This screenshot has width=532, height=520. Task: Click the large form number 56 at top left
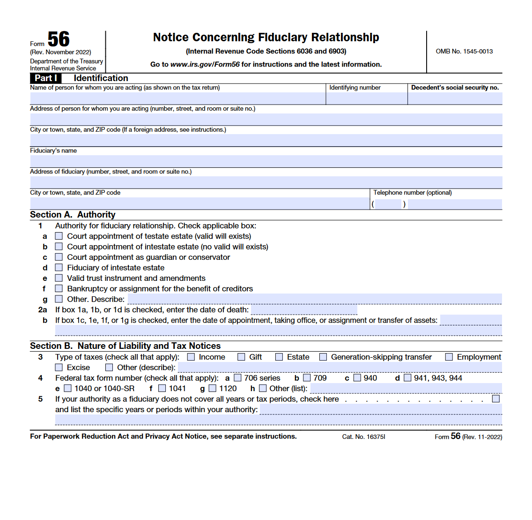(x=59, y=39)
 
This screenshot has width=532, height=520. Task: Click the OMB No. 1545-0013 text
(x=464, y=52)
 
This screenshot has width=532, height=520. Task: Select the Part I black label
(x=46, y=78)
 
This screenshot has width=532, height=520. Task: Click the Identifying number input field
(x=367, y=98)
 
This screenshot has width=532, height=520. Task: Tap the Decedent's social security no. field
(x=455, y=98)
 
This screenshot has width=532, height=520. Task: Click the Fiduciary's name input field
(x=266, y=161)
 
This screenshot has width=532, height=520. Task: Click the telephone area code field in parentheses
(x=389, y=204)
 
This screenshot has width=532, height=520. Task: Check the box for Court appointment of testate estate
(x=59, y=236)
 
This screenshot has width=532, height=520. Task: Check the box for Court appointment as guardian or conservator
(x=59, y=257)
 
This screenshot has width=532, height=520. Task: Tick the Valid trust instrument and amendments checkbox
(x=59, y=278)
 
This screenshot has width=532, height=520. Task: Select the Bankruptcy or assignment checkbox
(x=59, y=289)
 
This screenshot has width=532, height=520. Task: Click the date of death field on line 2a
(x=304, y=309)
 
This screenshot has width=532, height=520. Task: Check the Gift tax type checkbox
(x=241, y=357)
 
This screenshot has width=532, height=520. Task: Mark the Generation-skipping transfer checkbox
(x=323, y=357)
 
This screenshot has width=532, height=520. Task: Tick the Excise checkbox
(x=59, y=368)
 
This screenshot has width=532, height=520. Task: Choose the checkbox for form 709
(x=307, y=378)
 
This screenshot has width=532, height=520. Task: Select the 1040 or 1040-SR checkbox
(x=68, y=388)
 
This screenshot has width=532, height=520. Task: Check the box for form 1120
(x=213, y=388)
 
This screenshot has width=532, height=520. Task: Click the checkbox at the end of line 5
(x=496, y=399)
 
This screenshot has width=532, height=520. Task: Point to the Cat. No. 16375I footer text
(x=363, y=437)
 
